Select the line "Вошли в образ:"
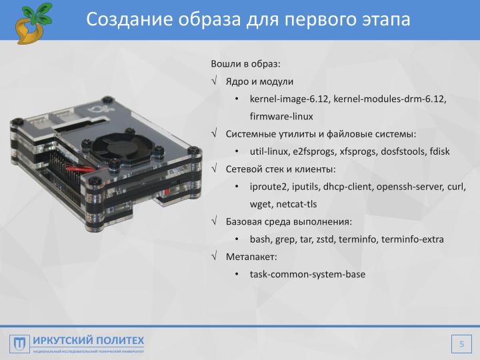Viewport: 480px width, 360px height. click(x=246, y=64)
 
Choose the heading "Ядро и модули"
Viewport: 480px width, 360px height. click(x=259, y=81)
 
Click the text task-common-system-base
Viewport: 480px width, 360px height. click(x=307, y=273)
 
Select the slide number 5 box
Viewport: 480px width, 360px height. click(x=460, y=344)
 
